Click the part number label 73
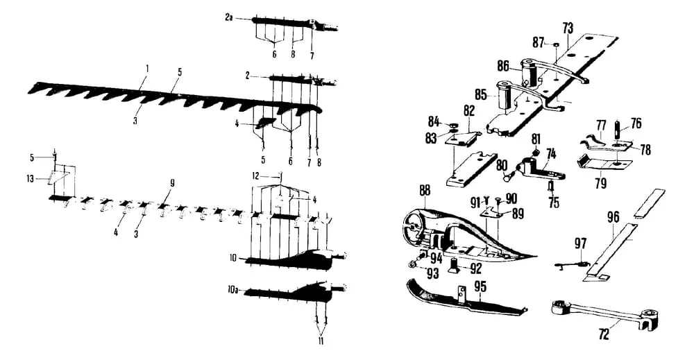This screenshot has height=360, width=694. [x=568, y=28]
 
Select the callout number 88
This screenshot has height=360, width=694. [x=425, y=190]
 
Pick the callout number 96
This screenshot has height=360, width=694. [x=613, y=216]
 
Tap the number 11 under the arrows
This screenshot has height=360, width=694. [x=321, y=341]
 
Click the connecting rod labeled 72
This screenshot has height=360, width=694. [x=597, y=313]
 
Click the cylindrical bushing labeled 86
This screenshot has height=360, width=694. [x=531, y=73]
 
